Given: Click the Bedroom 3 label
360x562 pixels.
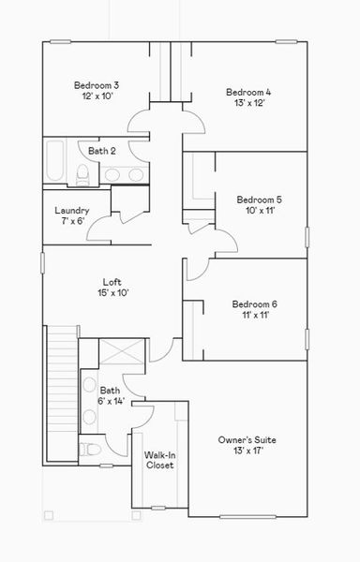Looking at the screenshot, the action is coord(97,85).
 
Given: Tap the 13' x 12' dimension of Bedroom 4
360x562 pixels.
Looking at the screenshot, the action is coord(249,103).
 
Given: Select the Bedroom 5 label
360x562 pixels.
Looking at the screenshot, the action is coord(260,200).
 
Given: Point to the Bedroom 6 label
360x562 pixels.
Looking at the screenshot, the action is coord(255,304).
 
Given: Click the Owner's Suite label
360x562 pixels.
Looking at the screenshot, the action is coord(247,440).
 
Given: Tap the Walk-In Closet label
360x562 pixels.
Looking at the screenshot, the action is coord(160,460).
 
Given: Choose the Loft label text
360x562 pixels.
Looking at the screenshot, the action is coord(112,282).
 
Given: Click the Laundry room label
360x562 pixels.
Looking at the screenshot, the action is coord(72,211).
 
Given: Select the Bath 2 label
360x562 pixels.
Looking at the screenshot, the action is coord(102,151).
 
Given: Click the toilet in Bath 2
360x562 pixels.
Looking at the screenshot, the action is coord(82,174).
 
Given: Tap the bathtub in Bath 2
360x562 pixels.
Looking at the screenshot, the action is coord(55,160).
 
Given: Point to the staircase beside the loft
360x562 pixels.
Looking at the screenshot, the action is coord(63,393).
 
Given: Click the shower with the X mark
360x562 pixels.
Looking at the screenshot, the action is coord(122,351).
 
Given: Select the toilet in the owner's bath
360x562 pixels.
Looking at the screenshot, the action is coord(90,449).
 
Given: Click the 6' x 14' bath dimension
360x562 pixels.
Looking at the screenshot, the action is coord(111,401).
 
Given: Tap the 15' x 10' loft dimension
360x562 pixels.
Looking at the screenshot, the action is coord(112,293).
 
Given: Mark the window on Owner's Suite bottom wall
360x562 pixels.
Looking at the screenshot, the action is coord(247,516).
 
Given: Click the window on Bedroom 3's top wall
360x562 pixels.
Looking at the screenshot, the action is coord(60,41).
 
